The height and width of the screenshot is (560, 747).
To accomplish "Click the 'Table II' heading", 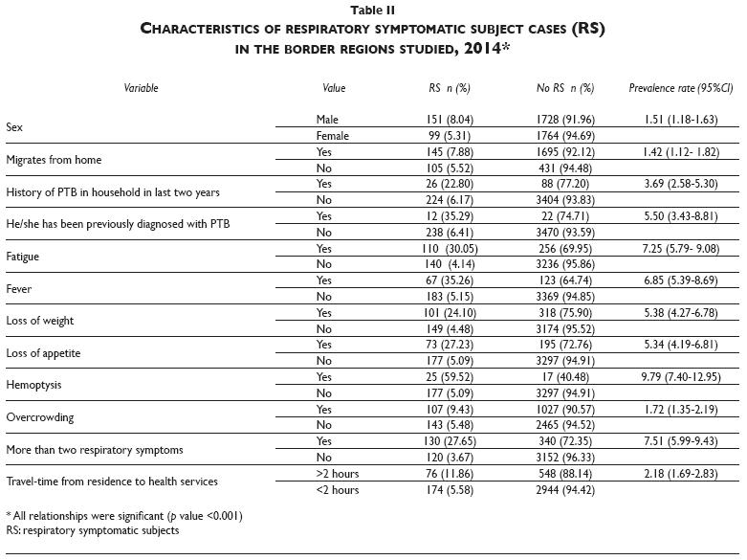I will coord(373,10).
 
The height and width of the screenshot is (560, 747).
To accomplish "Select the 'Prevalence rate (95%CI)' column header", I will coord(680,88).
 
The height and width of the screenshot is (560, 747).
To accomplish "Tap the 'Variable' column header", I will coord(141,88).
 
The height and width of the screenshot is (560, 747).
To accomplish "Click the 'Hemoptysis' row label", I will coord(34,386).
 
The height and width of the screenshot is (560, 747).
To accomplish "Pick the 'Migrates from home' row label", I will coord(54,159).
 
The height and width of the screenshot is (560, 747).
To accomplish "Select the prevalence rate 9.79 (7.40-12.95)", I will coord(680,377).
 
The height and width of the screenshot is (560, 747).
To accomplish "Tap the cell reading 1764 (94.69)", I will coord(564,135).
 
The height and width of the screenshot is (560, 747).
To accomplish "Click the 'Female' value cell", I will coord(332,135).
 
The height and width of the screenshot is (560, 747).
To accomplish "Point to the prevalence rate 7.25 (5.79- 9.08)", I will coord(680,248).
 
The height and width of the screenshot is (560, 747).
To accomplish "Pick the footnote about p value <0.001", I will coord(124,516).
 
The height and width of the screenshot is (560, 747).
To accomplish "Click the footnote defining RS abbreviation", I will coord(92,530).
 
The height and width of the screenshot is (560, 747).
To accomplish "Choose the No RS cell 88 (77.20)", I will coord(564,184).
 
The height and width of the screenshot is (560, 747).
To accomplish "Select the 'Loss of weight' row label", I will coord(39,321).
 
